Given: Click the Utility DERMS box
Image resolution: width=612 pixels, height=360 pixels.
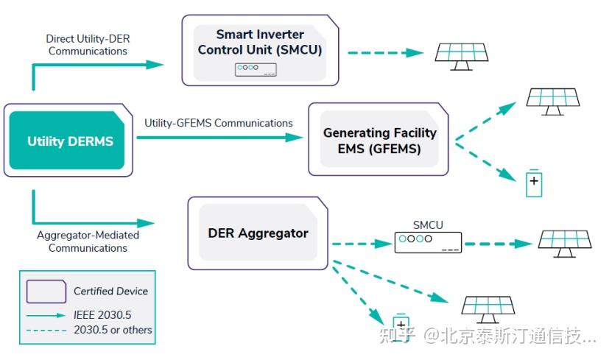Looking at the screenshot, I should pos(69,141).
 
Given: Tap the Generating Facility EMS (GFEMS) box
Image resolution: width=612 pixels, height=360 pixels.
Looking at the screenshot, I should pos(380,141).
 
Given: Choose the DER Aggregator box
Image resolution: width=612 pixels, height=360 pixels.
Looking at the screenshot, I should pos(258,233).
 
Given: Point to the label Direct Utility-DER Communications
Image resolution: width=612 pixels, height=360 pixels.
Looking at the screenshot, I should pos(86,44).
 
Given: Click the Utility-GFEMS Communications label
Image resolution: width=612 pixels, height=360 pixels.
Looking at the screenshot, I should pos(219,123).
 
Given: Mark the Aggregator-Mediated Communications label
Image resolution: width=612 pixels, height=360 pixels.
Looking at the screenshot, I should pos(88,241).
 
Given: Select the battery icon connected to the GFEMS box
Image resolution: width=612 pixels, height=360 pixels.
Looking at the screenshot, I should pos(533,183).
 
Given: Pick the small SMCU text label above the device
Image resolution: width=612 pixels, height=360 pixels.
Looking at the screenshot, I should pos(427,225).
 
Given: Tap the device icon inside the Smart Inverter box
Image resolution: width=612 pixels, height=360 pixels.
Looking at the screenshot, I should pos(256,69).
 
